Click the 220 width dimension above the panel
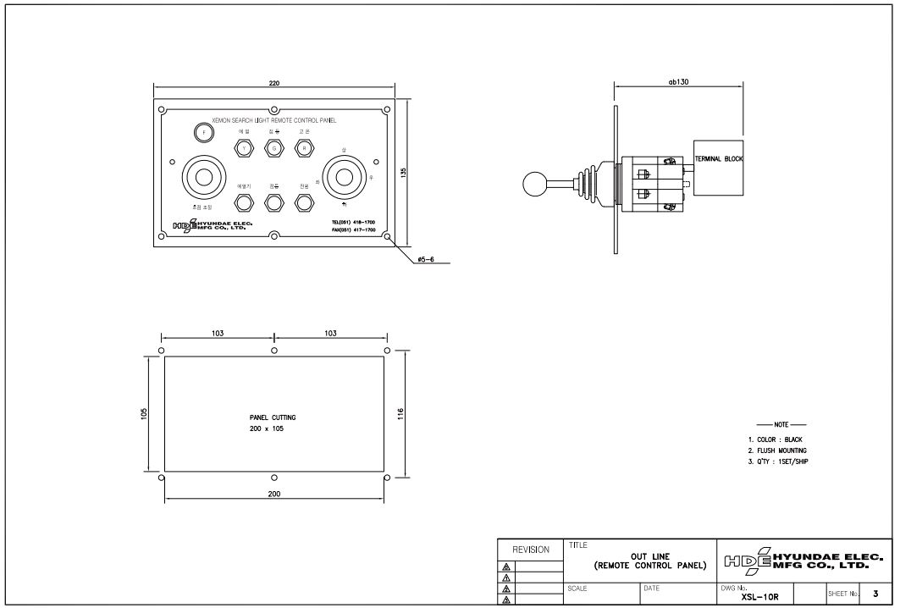(x=273, y=83)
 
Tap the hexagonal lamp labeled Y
(x=245, y=148)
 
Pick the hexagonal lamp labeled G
(x=273, y=148)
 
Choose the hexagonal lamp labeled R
(x=303, y=148)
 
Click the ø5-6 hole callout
(x=425, y=260)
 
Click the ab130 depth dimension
(x=677, y=82)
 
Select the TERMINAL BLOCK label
(x=718, y=159)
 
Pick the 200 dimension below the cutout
(x=273, y=495)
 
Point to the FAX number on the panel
(x=353, y=229)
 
